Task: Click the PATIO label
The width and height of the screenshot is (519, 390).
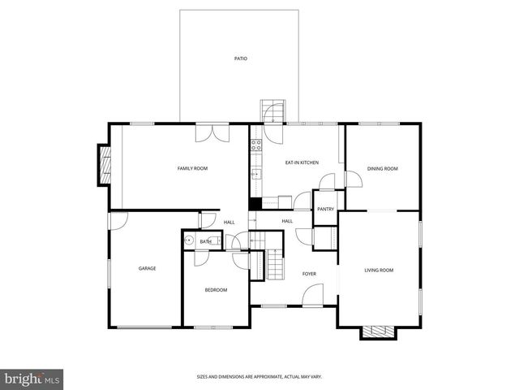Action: (240, 58)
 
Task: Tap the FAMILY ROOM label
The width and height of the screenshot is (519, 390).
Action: (192, 168)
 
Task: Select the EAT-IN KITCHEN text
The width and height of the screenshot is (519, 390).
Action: (302, 162)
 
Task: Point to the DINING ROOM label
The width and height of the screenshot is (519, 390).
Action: (382, 168)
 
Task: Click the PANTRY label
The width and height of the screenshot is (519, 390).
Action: (325, 209)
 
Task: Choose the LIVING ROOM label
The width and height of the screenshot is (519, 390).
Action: (378, 270)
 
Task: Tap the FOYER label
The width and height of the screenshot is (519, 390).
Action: (309, 274)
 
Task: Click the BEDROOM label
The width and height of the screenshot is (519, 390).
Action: (216, 290)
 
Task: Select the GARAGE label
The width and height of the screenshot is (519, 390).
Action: (147, 268)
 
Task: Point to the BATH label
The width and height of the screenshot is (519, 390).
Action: (206, 241)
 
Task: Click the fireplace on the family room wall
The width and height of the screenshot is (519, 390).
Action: (104, 165)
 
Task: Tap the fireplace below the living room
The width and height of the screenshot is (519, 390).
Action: (377, 331)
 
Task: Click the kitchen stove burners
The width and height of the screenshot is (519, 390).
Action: (255, 146)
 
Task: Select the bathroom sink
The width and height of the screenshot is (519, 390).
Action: (189, 240)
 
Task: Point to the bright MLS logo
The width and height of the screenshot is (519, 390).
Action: (32, 379)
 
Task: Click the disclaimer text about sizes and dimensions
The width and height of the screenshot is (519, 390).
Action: (259, 377)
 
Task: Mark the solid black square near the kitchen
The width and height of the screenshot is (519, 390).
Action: (254, 205)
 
